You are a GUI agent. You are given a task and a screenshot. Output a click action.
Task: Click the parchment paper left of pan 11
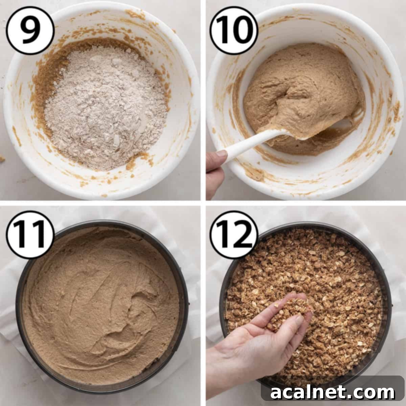[8, 304]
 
